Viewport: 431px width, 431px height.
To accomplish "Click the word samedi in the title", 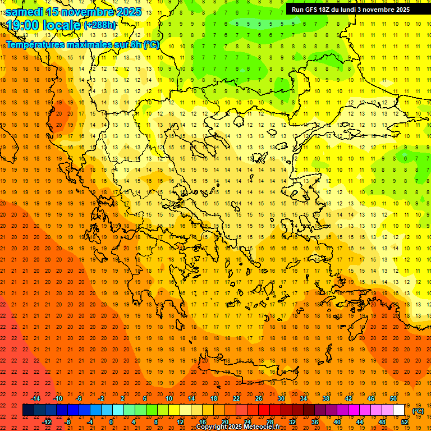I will [25, 11].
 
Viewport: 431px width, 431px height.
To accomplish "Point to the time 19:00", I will [24, 25].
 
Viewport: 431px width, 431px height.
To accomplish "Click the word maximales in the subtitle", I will [89, 44].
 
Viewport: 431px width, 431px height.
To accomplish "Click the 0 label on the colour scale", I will [111, 422].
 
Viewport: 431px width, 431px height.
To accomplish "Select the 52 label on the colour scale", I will [405, 422].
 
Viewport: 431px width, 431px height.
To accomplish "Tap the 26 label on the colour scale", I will [259, 398].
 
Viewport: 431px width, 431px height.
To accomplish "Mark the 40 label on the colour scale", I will [337, 422].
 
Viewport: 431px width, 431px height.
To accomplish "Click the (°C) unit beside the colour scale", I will [418, 411].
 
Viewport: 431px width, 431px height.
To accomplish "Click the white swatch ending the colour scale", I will [399, 410].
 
